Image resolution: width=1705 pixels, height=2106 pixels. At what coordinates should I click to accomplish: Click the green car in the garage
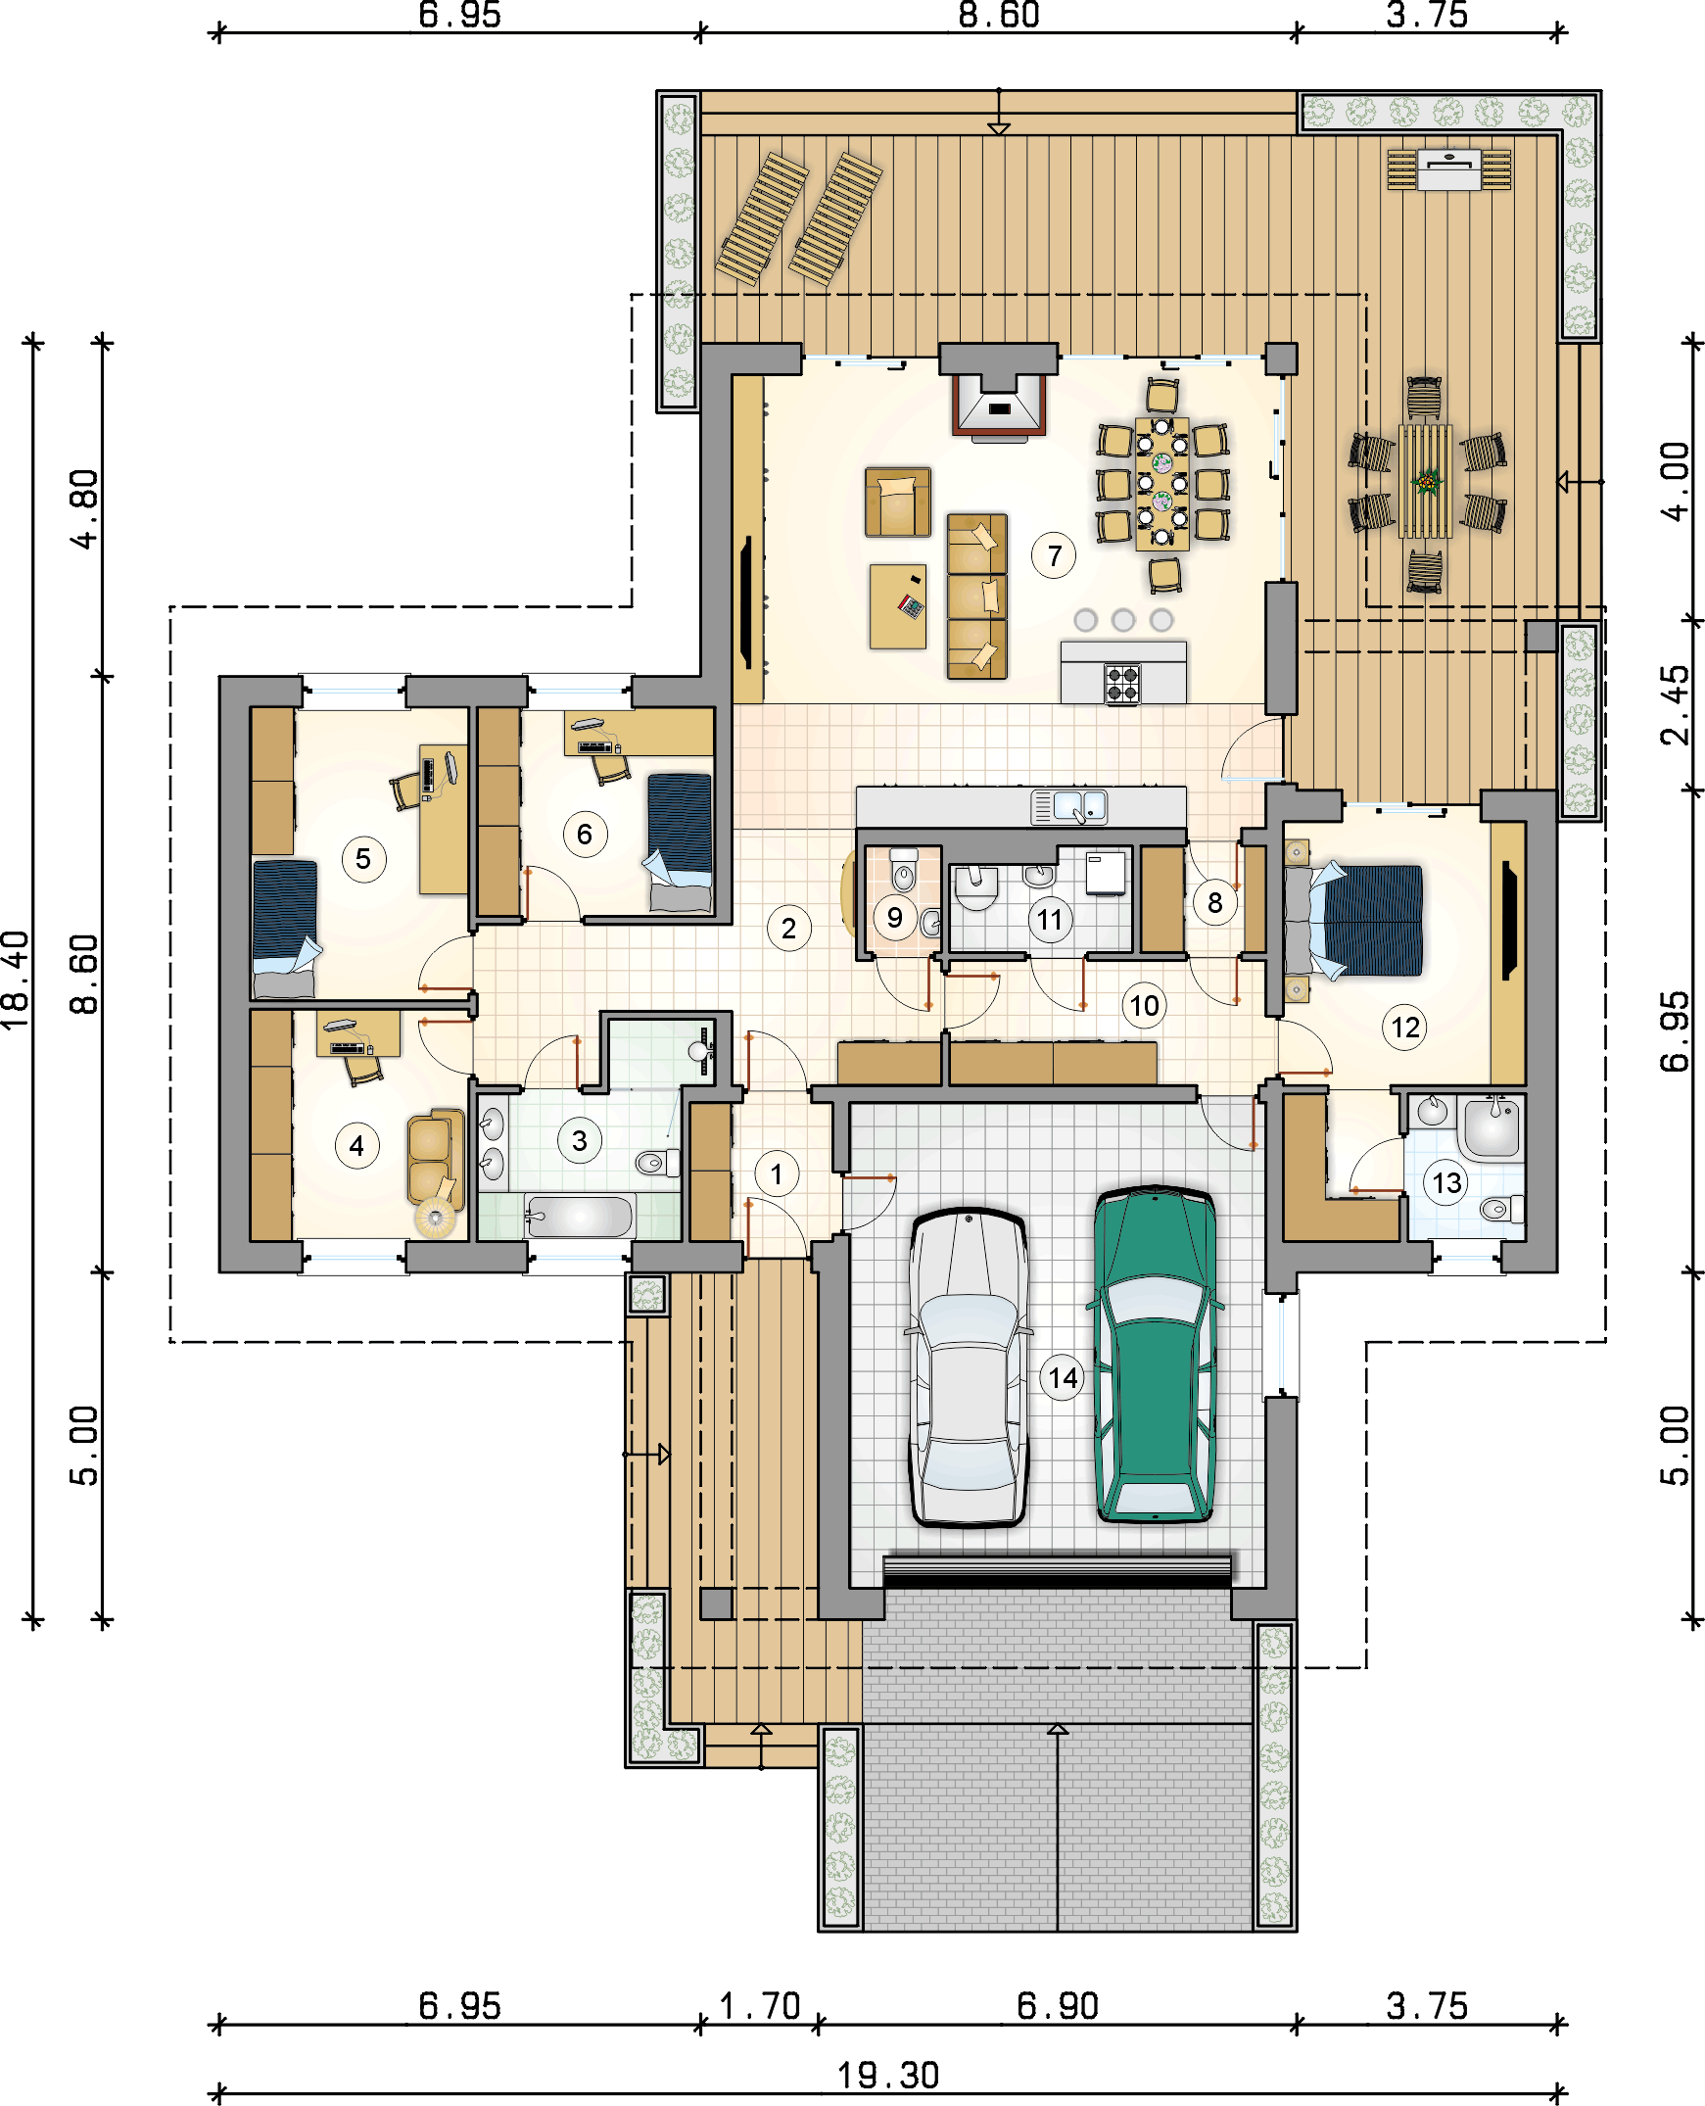[1156, 1357]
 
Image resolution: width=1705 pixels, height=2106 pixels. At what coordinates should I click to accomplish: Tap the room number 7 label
[1054, 556]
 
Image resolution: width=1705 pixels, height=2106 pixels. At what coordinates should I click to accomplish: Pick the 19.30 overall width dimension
[888, 2076]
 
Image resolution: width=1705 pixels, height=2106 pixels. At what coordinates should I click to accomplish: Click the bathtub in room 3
[580, 1217]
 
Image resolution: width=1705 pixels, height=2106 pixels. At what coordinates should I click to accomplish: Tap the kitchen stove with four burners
[1121, 684]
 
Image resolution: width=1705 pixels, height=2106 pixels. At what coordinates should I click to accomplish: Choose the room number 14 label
[1063, 1377]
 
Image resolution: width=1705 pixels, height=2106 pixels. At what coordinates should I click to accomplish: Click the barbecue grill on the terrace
[1448, 168]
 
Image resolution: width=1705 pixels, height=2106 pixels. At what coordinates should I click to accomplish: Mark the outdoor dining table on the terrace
[1425, 481]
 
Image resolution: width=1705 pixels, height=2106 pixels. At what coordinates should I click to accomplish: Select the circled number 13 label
[1446, 1182]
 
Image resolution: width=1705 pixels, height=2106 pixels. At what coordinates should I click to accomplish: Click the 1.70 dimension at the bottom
[759, 2005]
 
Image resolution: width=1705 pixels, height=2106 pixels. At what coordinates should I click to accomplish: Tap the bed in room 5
[285, 928]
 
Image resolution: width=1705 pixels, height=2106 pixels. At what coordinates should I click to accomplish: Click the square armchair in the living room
[898, 502]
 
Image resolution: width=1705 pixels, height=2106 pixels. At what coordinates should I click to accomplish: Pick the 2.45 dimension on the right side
[1674, 705]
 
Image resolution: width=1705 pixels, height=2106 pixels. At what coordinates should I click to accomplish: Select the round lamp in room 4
[435, 1219]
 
